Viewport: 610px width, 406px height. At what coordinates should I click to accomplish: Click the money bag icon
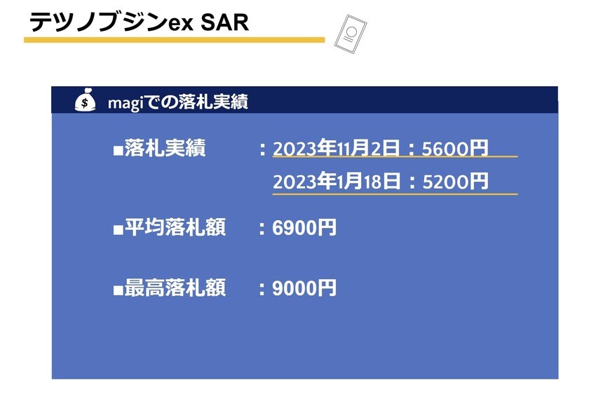86,100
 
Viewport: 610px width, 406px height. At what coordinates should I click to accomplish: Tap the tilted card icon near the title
351,34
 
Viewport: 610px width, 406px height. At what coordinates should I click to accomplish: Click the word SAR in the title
224,22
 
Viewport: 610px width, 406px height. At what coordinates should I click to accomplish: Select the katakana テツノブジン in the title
98,22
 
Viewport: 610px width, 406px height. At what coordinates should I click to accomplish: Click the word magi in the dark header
126,103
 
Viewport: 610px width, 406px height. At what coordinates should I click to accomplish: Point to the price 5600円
455,148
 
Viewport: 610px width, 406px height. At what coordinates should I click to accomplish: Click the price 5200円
455,181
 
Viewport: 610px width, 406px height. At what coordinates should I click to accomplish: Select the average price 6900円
304,227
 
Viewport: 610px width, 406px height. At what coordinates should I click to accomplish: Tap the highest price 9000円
304,288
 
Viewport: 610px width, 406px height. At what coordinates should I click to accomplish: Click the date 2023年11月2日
337,148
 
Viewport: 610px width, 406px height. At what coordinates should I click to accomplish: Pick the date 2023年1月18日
337,181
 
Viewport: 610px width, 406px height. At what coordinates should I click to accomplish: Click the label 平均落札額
175,227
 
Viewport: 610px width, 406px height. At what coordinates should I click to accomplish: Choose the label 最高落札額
175,288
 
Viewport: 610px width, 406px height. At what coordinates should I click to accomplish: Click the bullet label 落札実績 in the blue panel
165,148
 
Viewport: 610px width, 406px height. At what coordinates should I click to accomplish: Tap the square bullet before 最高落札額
118,290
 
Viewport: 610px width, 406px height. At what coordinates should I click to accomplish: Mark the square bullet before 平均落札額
118,229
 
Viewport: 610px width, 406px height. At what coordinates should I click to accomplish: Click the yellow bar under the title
175,40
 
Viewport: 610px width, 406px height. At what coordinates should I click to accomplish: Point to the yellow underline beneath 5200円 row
395,194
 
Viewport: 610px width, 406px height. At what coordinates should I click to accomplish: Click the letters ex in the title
180,24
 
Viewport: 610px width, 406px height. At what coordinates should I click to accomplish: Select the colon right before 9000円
262,289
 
